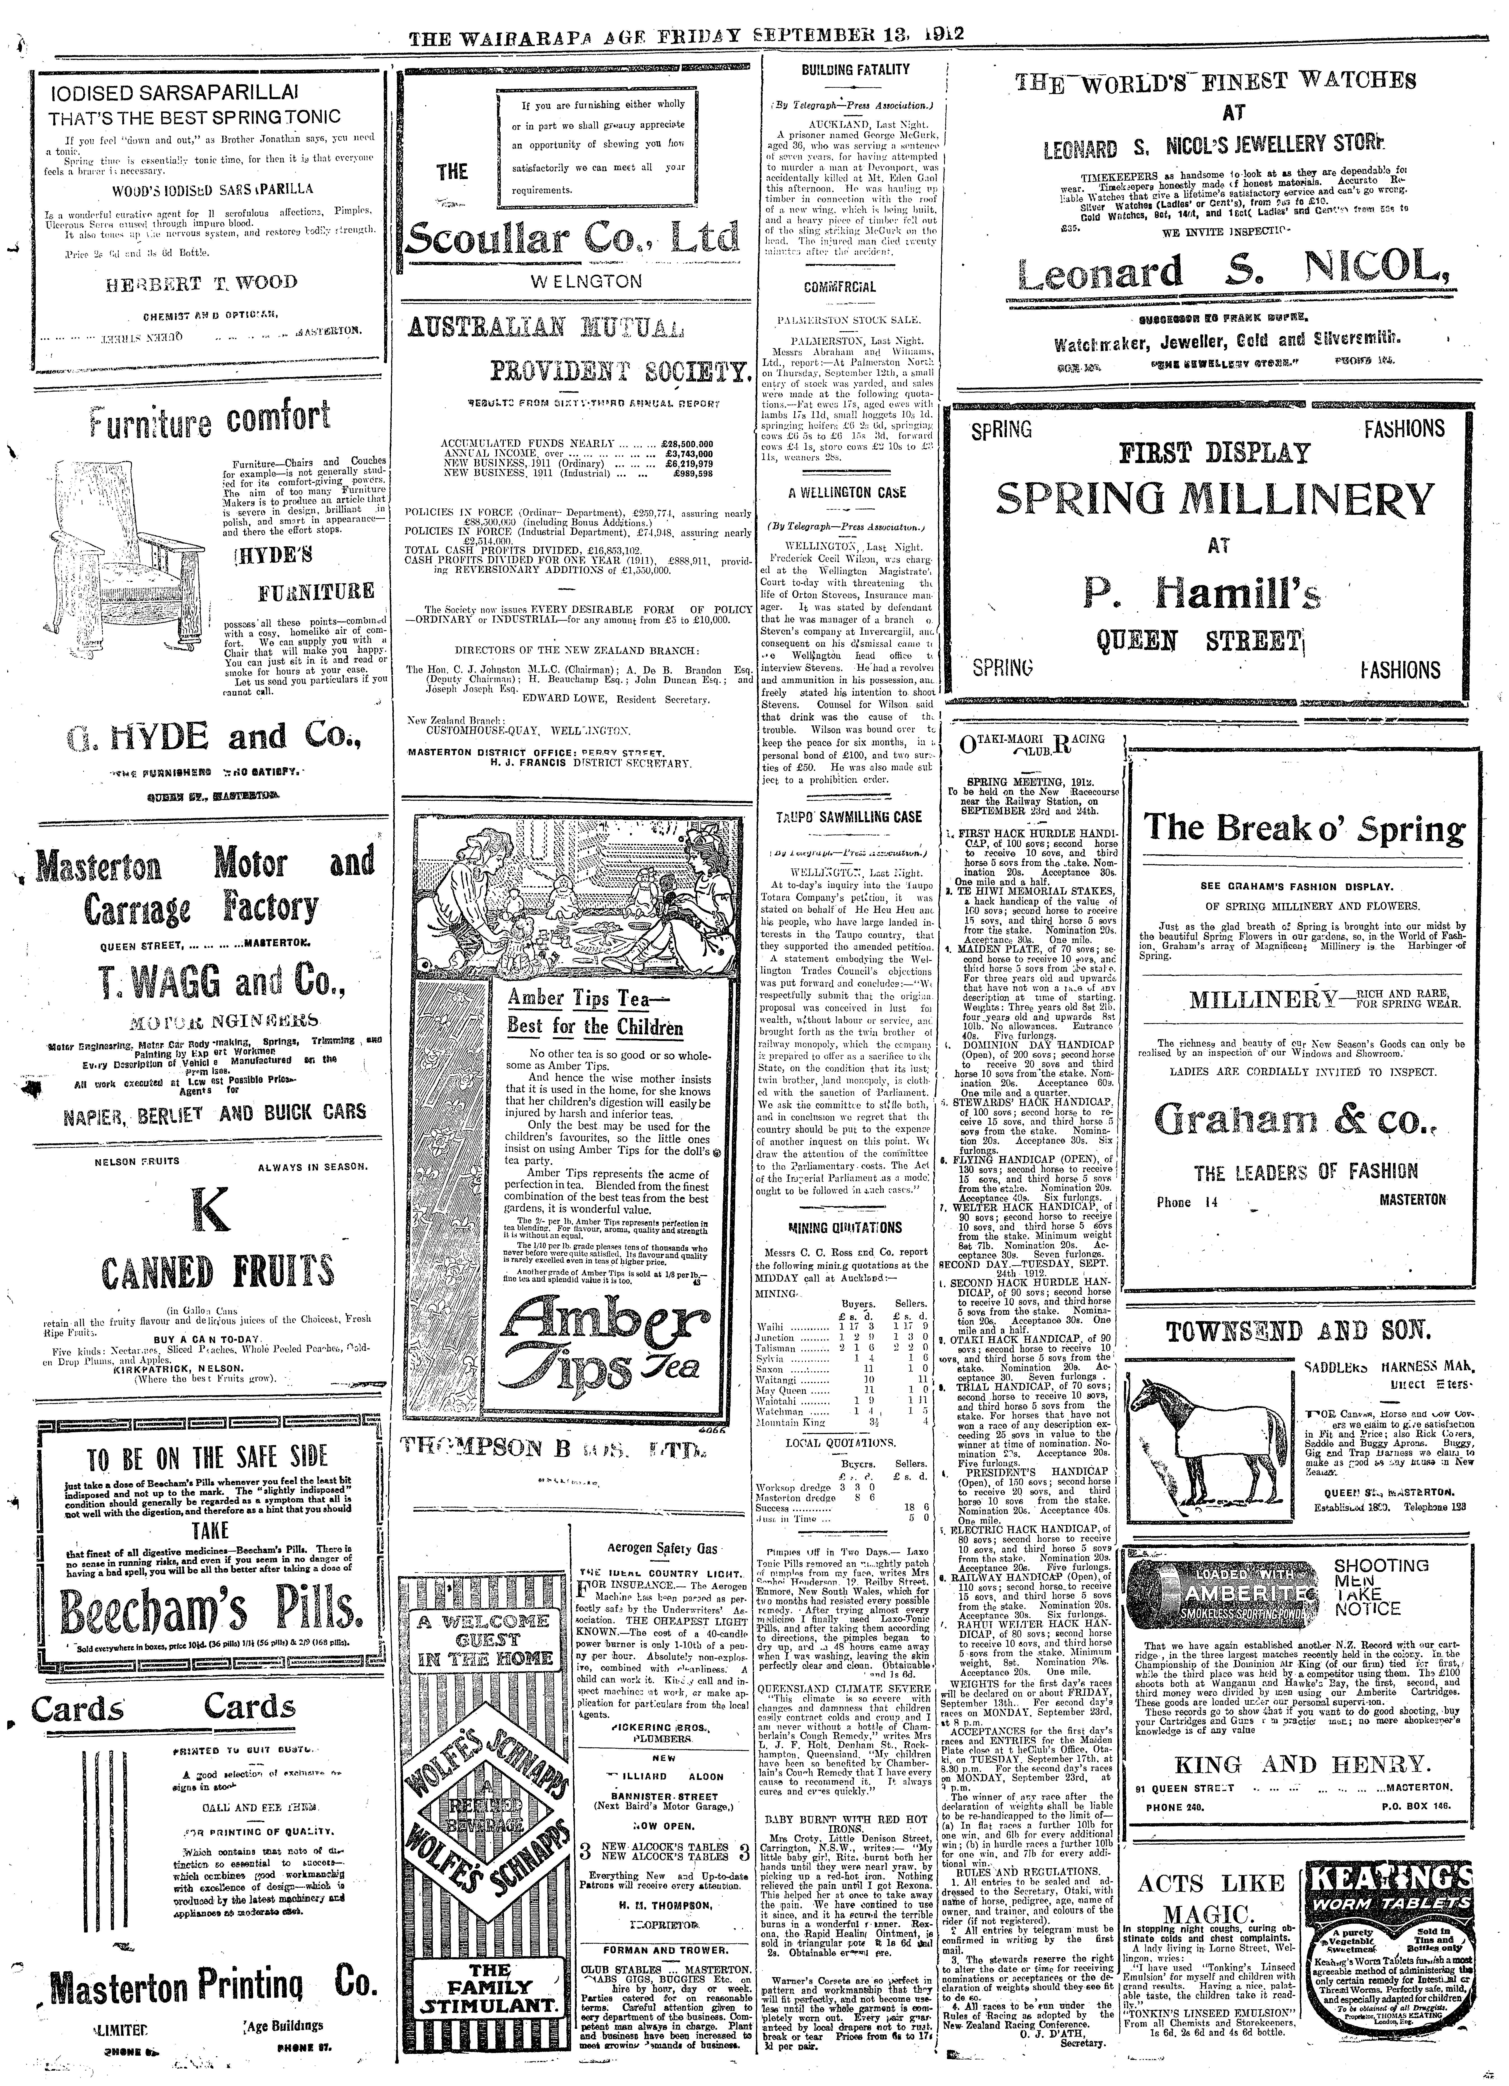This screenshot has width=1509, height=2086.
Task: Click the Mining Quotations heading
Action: tap(845, 1227)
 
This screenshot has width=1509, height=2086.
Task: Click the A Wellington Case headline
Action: tap(847, 492)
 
